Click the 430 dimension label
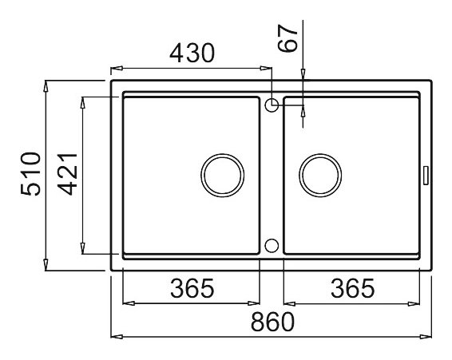click(192, 53)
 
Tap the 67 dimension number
click(287, 38)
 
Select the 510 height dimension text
click(31, 174)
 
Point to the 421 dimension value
click(67, 174)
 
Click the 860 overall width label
click(272, 322)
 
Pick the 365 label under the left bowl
click(192, 288)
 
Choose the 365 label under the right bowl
click(352, 288)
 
